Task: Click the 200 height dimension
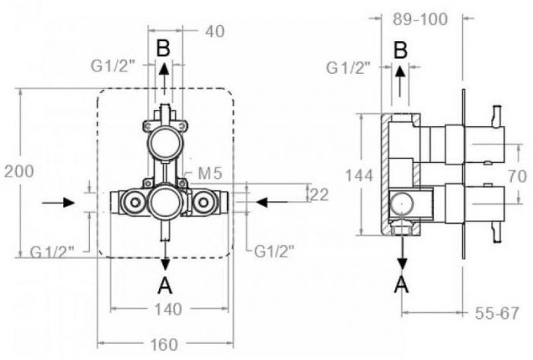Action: pos(18,172)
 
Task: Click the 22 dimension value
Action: pos(318,194)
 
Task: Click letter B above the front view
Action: pos(164,47)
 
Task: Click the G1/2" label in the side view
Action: pos(348,68)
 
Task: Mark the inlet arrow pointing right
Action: pos(58,202)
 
